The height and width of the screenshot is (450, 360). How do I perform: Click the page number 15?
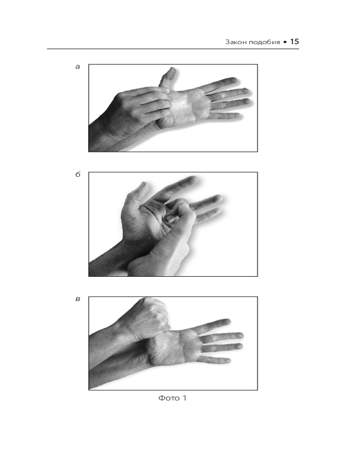coord(295,41)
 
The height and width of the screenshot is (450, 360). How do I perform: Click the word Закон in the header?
coord(236,42)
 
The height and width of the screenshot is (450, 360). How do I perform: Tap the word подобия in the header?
coord(264,42)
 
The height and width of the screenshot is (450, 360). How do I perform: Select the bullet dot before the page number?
coord(285,42)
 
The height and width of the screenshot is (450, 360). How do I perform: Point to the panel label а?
coord(77,67)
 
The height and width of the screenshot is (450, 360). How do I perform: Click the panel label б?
coord(78,174)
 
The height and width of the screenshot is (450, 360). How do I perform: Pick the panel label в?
coord(78,299)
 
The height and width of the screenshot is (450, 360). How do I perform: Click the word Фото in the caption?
coord(169,398)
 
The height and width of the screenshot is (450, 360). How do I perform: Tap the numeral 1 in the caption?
coord(184,398)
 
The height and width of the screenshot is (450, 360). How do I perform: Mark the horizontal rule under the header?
coord(173,49)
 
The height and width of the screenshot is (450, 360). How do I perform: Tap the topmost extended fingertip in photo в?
coord(227,322)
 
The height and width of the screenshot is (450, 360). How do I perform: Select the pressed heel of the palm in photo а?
coord(165,122)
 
